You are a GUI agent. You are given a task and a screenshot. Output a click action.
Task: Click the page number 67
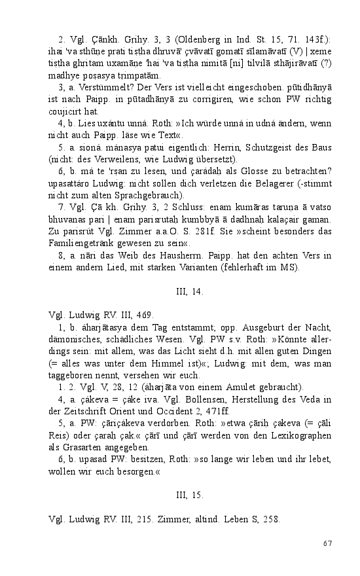pos(329,543)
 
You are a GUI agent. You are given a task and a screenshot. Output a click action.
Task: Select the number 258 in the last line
pos(270,519)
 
